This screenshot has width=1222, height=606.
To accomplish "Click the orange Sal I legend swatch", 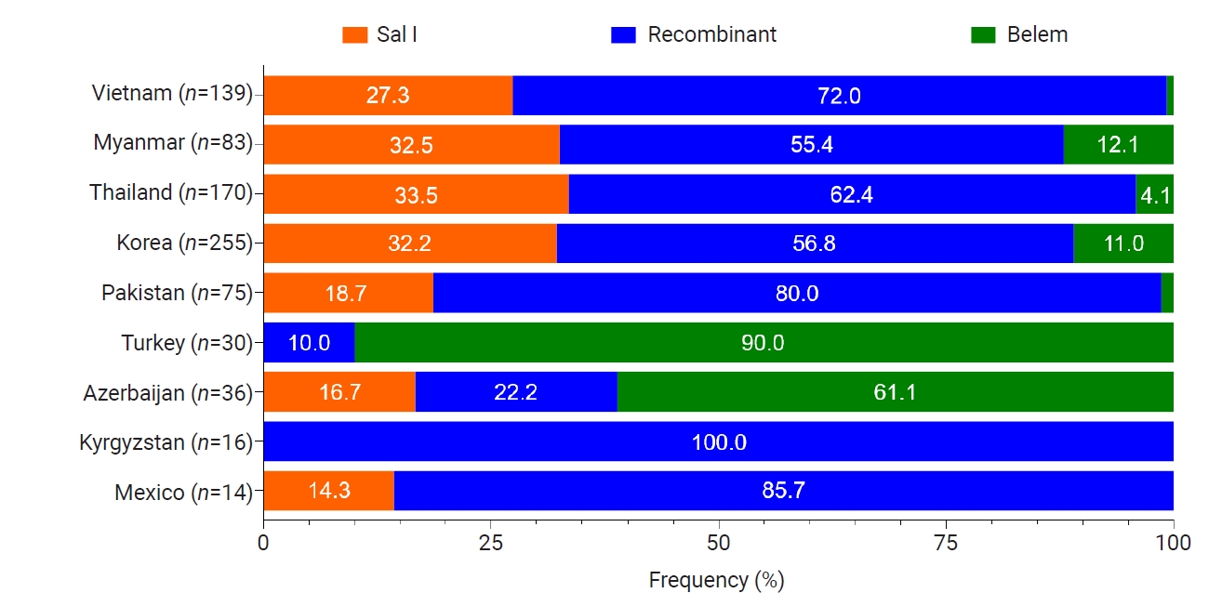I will point(355,35).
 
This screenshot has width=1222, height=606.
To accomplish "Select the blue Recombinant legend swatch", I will point(623,35).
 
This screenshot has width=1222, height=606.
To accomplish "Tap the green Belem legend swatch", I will point(983,35).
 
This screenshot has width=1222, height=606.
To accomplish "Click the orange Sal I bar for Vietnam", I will point(388,96).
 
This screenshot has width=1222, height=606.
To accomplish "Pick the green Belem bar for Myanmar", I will point(1118,145).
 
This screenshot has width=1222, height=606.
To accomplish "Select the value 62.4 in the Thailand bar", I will point(852,194).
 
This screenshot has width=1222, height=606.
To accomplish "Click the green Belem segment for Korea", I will point(1123,244).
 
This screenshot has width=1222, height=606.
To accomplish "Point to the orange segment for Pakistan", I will point(349,293).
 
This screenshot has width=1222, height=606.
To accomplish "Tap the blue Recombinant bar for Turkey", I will point(309,343).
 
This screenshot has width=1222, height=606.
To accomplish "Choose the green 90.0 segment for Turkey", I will point(763,343).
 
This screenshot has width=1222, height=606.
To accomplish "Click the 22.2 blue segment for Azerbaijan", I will point(515,392).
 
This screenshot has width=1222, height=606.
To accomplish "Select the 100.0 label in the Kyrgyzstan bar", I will point(719,441).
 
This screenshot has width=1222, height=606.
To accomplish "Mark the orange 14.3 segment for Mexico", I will point(328,491).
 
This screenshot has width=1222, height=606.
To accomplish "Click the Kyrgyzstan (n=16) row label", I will point(166,441).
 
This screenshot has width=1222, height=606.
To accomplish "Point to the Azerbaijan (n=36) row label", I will point(164,392).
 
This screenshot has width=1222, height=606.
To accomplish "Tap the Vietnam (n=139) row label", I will point(172,93).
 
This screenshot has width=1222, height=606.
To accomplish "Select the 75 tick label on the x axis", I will point(946,541).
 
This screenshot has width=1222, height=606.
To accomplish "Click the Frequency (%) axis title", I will point(716,580).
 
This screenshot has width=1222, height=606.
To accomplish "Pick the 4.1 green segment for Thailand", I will point(1154,194).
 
